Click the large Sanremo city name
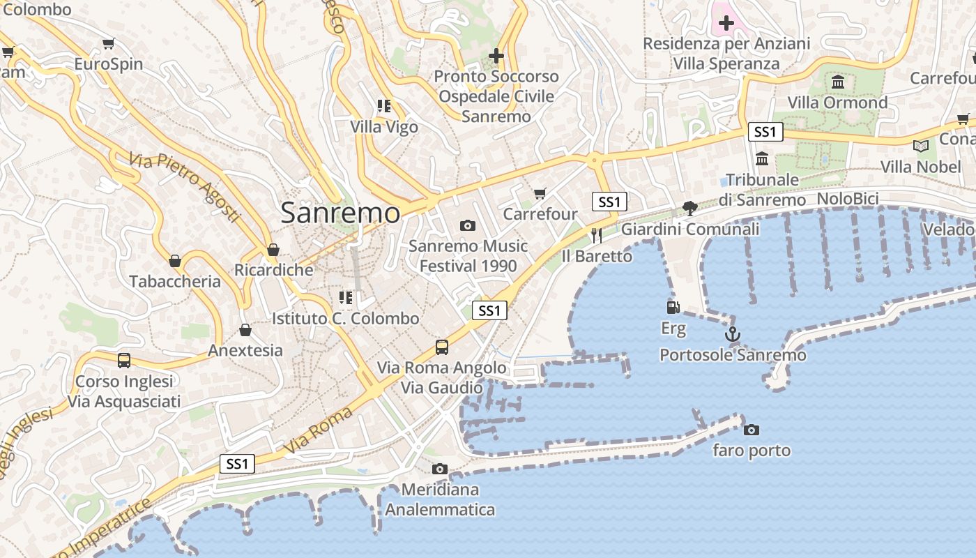(x=340, y=213)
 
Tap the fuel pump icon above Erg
(x=673, y=307)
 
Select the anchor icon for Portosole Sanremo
(x=732, y=335)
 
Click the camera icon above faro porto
(x=751, y=430)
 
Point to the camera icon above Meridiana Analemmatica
(x=439, y=469)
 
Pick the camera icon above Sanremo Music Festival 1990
(x=468, y=225)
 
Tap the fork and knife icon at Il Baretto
(x=596, y=235)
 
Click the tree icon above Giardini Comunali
(x=690, y=208)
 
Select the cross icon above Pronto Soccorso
(x=496, y=56)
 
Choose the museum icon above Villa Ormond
(x=837, y=82)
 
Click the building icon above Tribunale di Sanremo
(x=761, y=159)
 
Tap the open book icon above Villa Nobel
(x=920, y=146)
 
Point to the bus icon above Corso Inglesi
(x=124, y=361)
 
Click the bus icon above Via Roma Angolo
(x=441, y=347)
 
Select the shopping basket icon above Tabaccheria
(x=175, y=261)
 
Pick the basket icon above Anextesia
(x=245, y=330)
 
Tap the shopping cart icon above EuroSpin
(x=108, y=44)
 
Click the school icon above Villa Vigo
(x=383, y=106)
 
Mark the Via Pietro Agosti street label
(x=185, y=186)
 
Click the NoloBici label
(x=847, y=199)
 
